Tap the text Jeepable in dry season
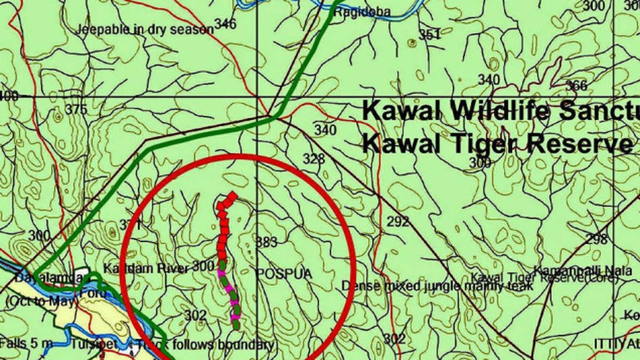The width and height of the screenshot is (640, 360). (x=145, y=29)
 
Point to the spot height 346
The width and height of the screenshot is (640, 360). (x=225, y=23)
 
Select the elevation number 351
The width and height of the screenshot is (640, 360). (x=429, y=35)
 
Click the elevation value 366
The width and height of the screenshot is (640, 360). (x=576, y=85)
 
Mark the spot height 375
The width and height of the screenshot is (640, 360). (x=76, y=109)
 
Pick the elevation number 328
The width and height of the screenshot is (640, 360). (x=314, y=158)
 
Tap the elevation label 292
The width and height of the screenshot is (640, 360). (x=397, y=221)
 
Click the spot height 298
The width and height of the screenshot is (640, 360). (x=596, y=239)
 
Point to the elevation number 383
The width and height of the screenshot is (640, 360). (x=267, y=242)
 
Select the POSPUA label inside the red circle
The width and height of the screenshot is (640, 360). (x=284, y=274)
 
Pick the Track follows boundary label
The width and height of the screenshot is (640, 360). (x=205, y=345)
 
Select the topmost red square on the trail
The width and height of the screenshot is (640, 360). (x=231, y=198)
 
